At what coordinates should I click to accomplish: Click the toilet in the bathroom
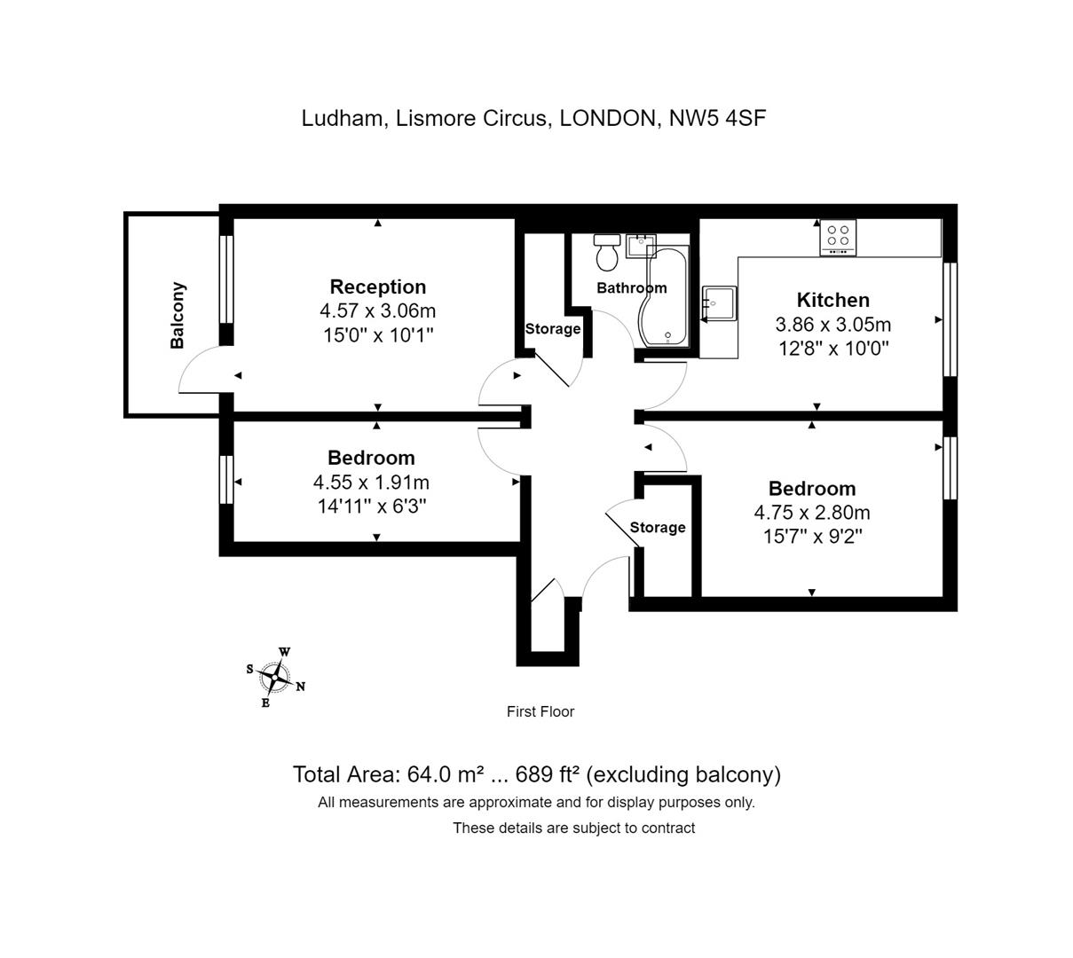pos(606,252)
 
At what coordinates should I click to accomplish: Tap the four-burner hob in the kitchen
pos(838,238)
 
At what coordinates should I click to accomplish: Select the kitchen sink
pos(719,303)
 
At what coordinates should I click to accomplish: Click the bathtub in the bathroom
pos(664,296)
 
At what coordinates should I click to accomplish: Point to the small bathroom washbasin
pos(640,246)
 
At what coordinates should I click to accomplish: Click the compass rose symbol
pos(275,678)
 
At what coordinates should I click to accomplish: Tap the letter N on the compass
pos(300,687)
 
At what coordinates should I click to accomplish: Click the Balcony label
pos(177,316)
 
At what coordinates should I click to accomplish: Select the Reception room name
pos(377,287)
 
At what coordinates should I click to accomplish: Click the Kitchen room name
pos(833,300)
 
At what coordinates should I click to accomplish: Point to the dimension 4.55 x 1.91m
pos(371,483)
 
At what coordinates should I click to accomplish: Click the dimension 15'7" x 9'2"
pos(812,538)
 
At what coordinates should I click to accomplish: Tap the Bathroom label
pos(631,288)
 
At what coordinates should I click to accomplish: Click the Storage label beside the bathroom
pos(552,329)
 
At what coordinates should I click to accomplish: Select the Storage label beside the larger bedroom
pos(658,527)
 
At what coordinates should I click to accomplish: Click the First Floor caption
pos(540,712)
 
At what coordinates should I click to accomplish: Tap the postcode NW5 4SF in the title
pos(717,118)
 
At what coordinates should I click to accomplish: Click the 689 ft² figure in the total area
pos(547,774)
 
